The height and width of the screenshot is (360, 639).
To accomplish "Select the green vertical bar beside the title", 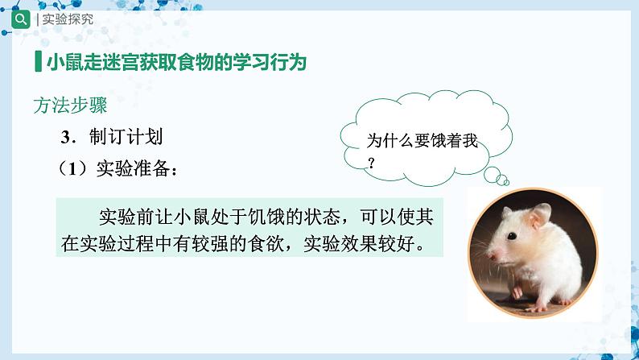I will pos(39,61).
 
